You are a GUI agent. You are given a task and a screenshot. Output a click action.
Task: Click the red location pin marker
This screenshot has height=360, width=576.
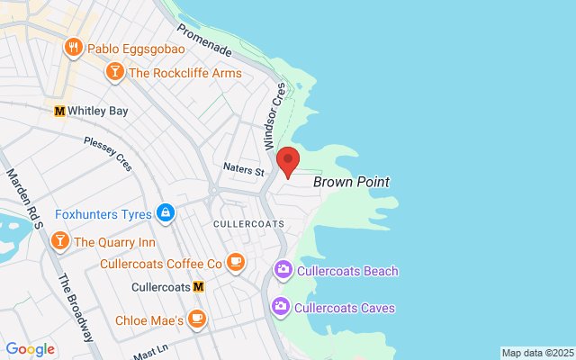(x=288, y=159)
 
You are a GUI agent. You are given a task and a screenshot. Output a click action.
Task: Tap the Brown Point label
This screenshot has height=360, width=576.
(x=351, y=182)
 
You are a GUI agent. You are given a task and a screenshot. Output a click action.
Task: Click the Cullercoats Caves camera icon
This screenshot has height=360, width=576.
(x=283, y=308)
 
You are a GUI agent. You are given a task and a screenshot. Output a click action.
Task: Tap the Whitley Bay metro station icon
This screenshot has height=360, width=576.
(x=60, y=111)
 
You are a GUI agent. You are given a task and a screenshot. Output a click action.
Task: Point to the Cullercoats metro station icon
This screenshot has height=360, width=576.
(x=199, y=287)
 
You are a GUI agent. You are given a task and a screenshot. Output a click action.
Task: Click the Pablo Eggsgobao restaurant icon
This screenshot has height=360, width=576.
(x=73, y=47)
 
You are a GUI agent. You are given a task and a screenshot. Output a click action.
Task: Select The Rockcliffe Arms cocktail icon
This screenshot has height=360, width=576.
(x=115, y=73)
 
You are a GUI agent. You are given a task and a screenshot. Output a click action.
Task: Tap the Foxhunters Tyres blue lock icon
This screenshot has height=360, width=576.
(x=165, y=213)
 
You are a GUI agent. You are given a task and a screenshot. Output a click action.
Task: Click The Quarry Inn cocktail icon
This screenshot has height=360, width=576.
(x=59, y=241)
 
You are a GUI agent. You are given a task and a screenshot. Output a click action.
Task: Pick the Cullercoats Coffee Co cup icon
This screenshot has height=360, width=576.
(x=235, y=263)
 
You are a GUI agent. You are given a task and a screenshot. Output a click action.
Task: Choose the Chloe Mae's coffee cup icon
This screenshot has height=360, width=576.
(x=198, y=319)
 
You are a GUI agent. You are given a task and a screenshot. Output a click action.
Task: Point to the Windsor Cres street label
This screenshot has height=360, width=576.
(x=274, y=117)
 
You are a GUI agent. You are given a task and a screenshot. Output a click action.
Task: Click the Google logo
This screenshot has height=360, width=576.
(x=30, y=349)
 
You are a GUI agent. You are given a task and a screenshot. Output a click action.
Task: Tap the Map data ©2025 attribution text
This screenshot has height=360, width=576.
(x=536, y=353)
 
